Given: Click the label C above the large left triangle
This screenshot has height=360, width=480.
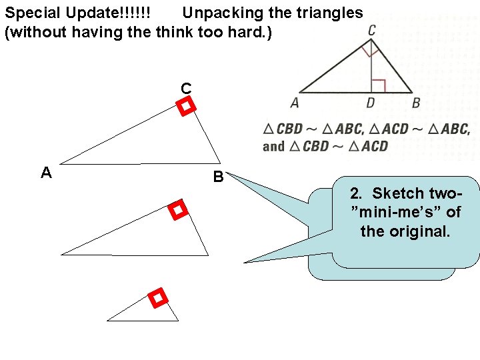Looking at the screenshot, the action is click(x=186, y=88).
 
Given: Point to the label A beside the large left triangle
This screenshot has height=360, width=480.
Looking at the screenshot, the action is click(x=46, y=173).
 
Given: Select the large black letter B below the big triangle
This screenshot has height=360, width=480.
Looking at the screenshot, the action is click(x=218, y=177).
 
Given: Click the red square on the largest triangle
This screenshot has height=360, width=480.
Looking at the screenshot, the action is click(x=186, y=106).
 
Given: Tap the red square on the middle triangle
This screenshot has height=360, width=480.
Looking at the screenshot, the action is click(x=177, y=211).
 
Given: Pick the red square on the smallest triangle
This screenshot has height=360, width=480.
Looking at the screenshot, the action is click(x=157, y=298).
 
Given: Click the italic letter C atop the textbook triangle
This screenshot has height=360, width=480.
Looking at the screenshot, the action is click(x=371, y=30).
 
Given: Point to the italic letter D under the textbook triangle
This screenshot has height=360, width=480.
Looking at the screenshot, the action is click(x=371, y=103).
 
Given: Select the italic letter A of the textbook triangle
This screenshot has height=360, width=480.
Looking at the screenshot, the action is click(x=295, y=103).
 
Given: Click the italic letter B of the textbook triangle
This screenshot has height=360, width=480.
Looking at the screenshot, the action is click(x=416, y=103).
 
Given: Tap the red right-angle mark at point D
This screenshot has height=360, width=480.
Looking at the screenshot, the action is click(x=378, y=85).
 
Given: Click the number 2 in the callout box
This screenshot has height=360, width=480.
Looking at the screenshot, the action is click(x=355, y=194).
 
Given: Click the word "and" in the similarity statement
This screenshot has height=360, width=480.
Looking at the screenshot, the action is click(x=274, y=146).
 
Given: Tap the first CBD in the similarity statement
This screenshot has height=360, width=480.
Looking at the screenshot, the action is click(x=289, y=129).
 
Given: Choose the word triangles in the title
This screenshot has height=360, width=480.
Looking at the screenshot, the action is click(x=331, y=13).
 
